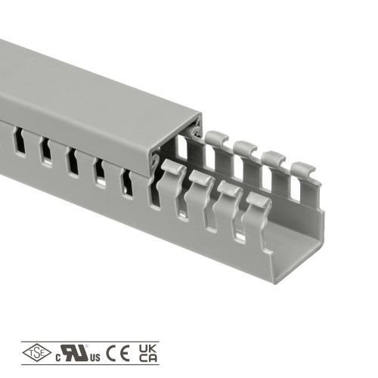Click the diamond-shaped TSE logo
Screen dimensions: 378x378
pyautogui.click(x=37, y=352)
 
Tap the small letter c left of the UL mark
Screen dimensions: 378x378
pyautogui.click(x=58, y=358)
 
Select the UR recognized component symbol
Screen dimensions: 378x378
pyautogui.click(x=75, y=352)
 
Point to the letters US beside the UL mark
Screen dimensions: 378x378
pyautogui.click(x=95, y=358)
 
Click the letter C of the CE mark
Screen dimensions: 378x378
pyautogui.click(x=111, y=353)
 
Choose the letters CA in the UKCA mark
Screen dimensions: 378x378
pyautogui.click(x=148, y=358)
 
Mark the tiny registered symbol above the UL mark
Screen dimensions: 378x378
pyautogui.click(x=86, y=346)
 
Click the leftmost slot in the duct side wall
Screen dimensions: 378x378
pyautogui.click(x=19, y=141)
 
